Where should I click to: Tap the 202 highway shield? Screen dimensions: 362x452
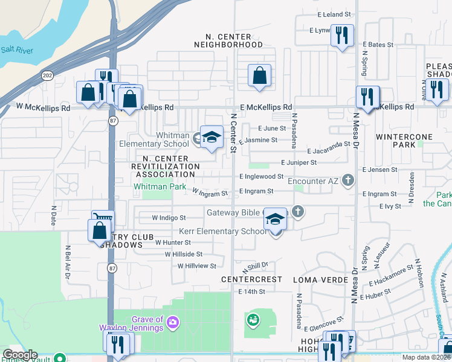(47, 75)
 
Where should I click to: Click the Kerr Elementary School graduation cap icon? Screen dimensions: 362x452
(275, 220)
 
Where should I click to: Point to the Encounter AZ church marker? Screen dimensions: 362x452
(347, 180)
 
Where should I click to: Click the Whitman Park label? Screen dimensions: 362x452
(160, 187)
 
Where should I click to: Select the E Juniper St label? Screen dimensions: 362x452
(299, 162)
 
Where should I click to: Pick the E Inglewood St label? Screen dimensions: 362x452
(261, 176)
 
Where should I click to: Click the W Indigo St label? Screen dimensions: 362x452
(169, 217)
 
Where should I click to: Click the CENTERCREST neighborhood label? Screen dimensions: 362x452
(251, 280)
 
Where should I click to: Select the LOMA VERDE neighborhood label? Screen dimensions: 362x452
(312, 280)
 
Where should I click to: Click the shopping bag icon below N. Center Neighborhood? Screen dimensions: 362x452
(259, 76)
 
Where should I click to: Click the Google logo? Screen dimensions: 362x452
(20, 355)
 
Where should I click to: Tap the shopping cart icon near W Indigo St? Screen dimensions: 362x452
(103, 220)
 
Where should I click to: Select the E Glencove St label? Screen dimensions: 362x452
(323, 324)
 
